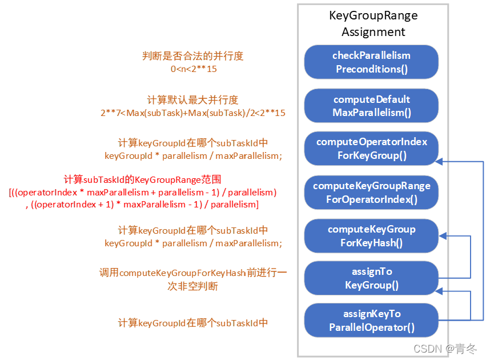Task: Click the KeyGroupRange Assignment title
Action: pyautogui.click(x=373, y=23)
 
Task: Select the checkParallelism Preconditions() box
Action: pyautogui.click(x=371, y=62)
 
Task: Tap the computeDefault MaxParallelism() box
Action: pyautogui.click(x=371, y=106)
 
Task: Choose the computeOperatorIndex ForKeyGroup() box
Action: pyautogui.click(x=371, y=149)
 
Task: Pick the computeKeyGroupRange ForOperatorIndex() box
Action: pyautogui.click(x=371, y=193)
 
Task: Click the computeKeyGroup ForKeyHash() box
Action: pyautogui.click(x=371, y=236)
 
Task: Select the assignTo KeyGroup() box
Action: pyautogui.click(x=371, y=278)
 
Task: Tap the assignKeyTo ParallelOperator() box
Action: pyautogui.click(x=371, y=321)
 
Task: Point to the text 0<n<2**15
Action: pyautogui.click(x=194, y=69)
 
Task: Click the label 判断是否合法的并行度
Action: pyautogui.click(x=193, y=56)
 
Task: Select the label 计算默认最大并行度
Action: pyautogui.click(x=192, y=100)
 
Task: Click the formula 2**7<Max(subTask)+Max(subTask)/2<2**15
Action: pyautogui.click(x=192, y=113)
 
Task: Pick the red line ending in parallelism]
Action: pyautogui.click(x=142, y=204)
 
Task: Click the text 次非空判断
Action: pyautogui.click(x=192, y=286)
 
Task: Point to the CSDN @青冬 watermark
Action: pyautogui.click(x=445, y=349)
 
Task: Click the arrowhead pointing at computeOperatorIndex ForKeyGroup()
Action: pyautogui.click(x=440, y=162)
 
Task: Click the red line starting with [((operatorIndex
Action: pyautogui.click(x=143, y=191)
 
